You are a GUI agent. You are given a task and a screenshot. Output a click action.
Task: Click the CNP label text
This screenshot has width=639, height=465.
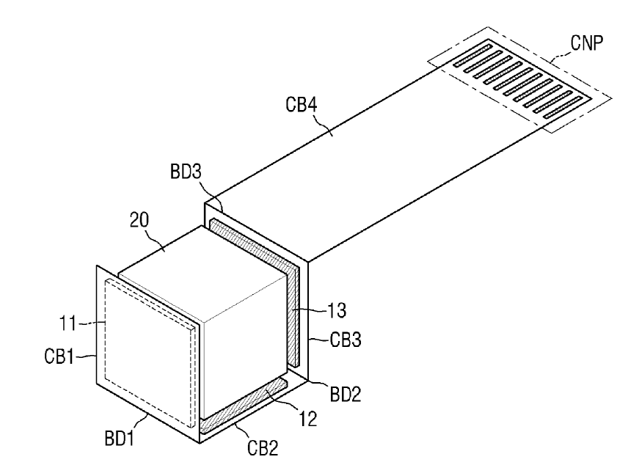[586, 43]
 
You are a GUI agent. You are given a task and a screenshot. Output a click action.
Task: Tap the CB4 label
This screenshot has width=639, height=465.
[302, 104]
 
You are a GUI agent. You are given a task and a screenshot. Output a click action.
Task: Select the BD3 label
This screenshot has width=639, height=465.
[186, 172]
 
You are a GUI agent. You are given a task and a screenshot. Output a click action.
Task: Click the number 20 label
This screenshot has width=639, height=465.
[139, 220]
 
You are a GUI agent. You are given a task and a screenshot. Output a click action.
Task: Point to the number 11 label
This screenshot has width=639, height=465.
[68, 323]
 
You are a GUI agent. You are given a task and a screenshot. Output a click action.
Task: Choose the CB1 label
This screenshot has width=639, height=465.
[59, 356]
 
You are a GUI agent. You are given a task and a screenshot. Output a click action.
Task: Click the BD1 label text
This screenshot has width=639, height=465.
[120, 439]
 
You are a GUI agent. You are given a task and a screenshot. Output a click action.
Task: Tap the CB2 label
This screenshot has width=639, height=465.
[263, 448]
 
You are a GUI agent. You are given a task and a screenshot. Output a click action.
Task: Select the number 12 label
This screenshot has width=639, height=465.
[308, 419]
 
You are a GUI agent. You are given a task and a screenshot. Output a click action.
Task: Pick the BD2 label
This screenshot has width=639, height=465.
[345, 394]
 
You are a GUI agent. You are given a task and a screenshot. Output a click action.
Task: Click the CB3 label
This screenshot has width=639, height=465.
[345, 340]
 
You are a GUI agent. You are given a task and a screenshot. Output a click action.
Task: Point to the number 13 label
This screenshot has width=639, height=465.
[337, 311]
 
